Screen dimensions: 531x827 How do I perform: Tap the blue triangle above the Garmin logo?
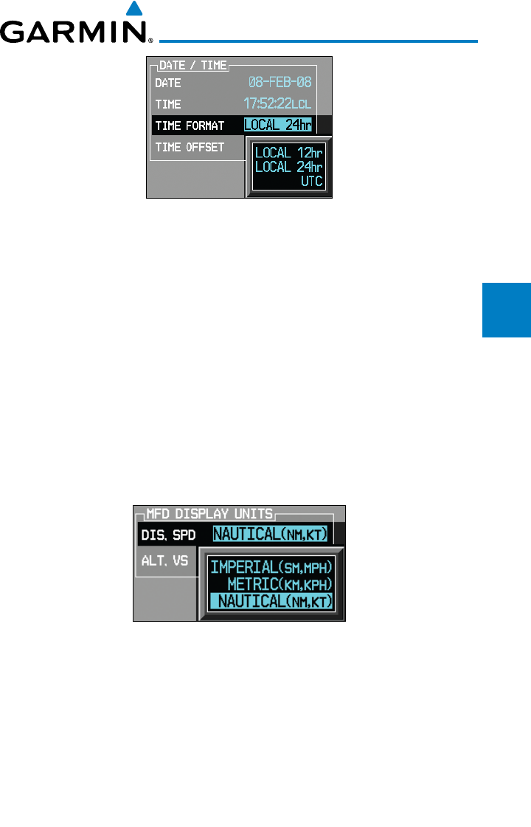coord(133,9)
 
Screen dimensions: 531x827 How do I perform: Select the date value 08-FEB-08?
coord(279,83)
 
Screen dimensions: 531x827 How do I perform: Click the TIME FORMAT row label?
coord(190,126)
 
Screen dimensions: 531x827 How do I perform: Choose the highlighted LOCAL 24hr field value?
coord(278,126)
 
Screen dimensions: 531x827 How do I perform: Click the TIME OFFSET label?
coord(190,147)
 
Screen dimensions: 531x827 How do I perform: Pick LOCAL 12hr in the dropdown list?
coord(288,154)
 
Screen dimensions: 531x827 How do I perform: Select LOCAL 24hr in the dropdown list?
coord(288,167)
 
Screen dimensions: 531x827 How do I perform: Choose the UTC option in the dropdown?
coord(312,181)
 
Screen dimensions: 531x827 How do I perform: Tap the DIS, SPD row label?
coord(164,534)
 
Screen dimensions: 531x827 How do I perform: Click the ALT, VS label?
coord(162,560)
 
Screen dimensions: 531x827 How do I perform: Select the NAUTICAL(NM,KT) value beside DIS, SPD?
coord(271,534)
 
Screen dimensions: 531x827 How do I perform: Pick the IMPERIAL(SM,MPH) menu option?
coord(271,568)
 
